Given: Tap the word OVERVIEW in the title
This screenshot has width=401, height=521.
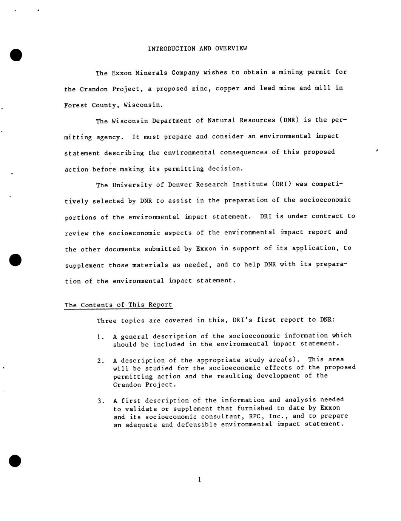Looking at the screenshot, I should tap(231, 49).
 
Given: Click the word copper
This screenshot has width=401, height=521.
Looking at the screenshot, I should tap(227, 88).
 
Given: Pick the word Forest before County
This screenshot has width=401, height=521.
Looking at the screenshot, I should tap(76, 105).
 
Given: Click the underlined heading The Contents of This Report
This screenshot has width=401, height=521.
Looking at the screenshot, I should tap(118, 305).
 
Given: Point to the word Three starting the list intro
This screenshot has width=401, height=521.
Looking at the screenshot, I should tap(106, 321).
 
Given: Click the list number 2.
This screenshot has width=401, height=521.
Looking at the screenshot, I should tap(100, 361).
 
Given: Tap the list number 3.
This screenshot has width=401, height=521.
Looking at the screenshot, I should tap(100, 401).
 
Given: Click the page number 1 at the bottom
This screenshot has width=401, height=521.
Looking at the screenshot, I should tap(199, 480).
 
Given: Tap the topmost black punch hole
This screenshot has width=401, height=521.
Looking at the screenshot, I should tap(16, 55).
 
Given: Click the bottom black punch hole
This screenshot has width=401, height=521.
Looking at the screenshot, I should tap(15, 461).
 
